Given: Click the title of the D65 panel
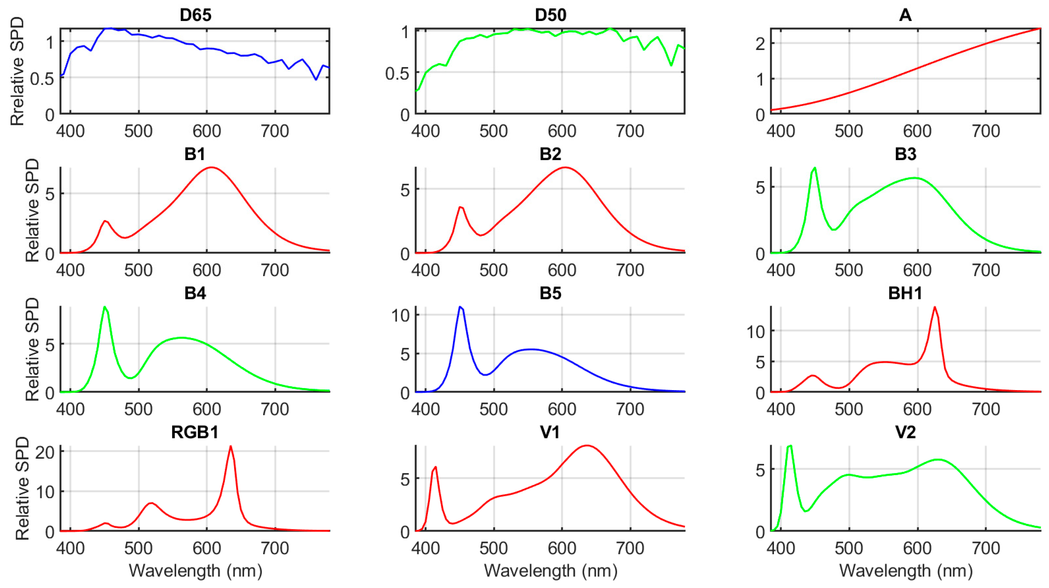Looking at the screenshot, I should [195, 15].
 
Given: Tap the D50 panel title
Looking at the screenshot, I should [550, 15].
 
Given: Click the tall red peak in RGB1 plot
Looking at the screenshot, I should [231, 447].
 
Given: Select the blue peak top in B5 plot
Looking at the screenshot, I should [460, 307].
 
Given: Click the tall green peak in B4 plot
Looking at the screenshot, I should [105, 307].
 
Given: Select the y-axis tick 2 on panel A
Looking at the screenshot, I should [760, 44].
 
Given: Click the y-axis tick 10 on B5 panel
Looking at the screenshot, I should [400, 316].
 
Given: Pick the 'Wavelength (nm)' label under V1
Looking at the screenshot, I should [550, 571].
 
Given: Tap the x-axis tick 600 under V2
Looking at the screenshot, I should [917, 548].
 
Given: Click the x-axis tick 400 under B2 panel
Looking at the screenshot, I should [425, 270].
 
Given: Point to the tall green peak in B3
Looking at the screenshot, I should [814, 168].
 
